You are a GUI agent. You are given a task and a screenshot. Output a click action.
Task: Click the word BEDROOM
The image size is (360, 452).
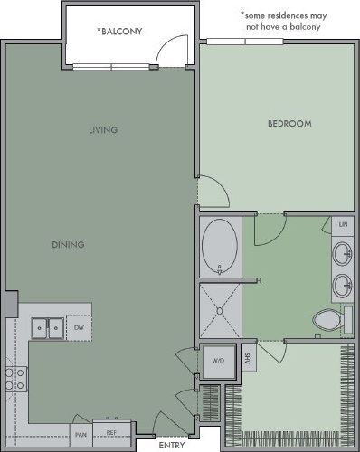coord(289,123)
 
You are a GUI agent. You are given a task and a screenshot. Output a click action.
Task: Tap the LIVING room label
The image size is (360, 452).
coord(103,130)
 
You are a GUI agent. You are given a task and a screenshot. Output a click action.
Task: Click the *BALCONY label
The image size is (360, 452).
coord(120,31)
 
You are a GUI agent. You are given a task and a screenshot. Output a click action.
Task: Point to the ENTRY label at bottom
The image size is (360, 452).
coord(173,445)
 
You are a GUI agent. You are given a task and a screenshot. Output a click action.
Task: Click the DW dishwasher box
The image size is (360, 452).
coord(80,327)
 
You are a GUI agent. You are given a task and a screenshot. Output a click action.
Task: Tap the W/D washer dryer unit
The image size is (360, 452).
coord(218,361)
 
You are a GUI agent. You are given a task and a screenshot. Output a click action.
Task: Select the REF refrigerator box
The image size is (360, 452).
coord(111,434)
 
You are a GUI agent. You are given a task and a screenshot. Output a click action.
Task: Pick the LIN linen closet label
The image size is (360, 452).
coord(343,223)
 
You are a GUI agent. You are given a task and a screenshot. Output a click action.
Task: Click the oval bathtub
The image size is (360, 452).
coord(220,248)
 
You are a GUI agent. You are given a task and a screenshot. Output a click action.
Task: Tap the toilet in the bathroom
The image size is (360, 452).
coord(327,320)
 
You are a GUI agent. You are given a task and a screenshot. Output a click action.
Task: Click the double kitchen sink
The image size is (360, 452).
coord(47,326)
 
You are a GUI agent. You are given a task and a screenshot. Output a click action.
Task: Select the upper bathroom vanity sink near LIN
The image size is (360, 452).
coord(343,252)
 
